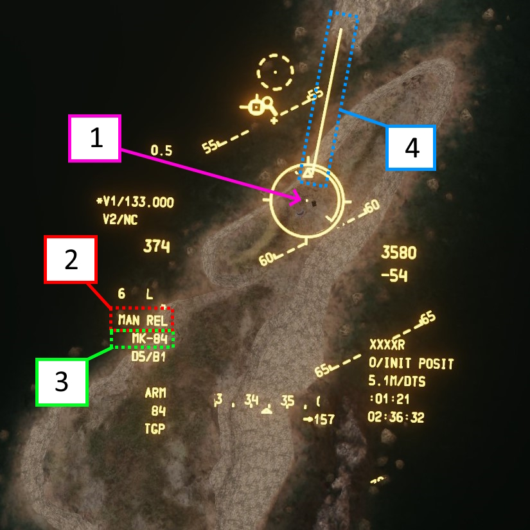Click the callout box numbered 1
click(x=95, y=138)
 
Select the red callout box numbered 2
click(x=71, y=260)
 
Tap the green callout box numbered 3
click(x=61, y=382)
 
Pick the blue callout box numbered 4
click(x=411, y=148)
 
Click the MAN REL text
click(x=142, y=319)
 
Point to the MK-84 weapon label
click(x=149, y=339)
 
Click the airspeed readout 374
click(x=156, y=245)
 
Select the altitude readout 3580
click(x=398, y=252)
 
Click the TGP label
click(x=155, y=429)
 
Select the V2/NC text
click(x=120, y=220)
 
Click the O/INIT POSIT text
click(x=411, y=364)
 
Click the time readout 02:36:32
click(x=396, y=418)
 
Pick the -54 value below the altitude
click(x=394, y=276)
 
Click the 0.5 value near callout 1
click(x=161, y=151)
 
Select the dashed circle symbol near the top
click(x=275, y=72)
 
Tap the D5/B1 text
click(x=148, y=357)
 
